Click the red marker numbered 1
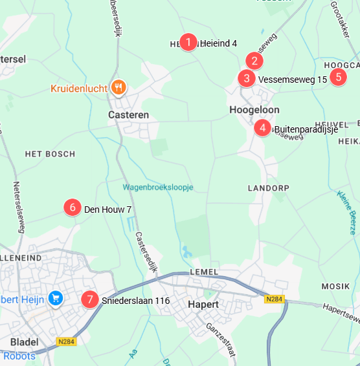pos(188,43)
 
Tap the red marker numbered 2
pos(254,61)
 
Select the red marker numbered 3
pos(246,79)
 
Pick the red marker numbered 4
pos(262,128)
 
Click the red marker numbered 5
pos(337,77)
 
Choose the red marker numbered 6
pos(73,208)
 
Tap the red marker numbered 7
pos(90,300)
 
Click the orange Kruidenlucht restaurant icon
pos(117,86)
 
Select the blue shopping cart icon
pos(56,298)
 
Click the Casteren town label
pos(128,114)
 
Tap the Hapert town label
pos(203,304)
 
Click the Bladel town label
pos(25,341)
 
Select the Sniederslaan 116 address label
pos(135,301)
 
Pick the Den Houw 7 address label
pos(107,210)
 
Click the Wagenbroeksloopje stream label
pos(158,188)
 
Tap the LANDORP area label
pos(268,188)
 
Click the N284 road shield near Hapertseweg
pos(275,299)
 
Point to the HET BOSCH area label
pos(50,154)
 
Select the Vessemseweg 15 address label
pos(293,80)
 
